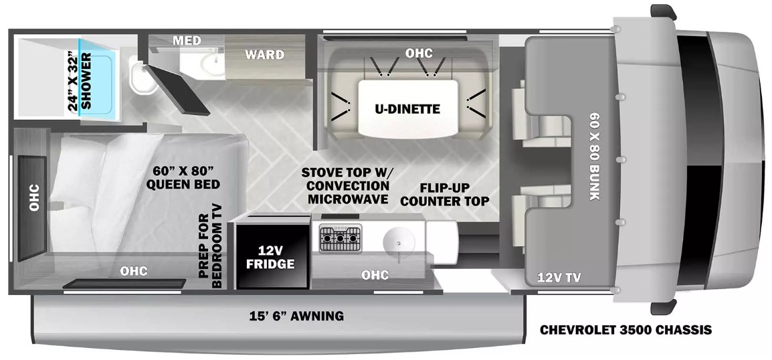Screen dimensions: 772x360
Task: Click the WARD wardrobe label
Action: coord(265,54)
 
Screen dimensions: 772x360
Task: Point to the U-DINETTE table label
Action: coord(407,109)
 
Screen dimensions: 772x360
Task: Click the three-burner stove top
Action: coord(341,238)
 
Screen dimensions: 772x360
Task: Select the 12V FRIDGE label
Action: coord(271,258)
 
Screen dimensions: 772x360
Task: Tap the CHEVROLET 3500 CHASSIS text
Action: coord(625,329)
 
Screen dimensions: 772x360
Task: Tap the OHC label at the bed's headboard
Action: coord(34,197)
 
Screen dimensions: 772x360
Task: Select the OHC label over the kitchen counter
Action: coord(375,275)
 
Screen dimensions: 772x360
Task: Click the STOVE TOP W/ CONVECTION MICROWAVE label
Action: coord(345,185)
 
